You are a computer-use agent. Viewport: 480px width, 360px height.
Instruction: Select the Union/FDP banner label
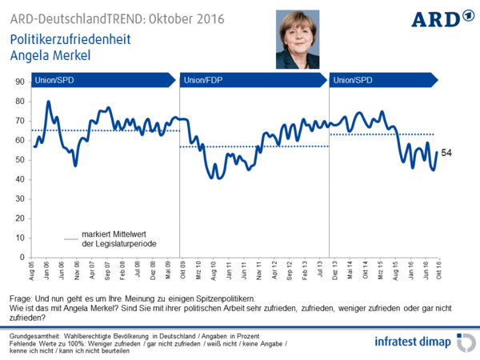click(x=203, y=79)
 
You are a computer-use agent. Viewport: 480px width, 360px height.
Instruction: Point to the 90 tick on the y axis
click(x=20, y=82)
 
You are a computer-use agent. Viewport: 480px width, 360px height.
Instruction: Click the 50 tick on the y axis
click(x=20, y=160)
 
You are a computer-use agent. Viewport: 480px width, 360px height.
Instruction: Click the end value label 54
click(x=449, y=153)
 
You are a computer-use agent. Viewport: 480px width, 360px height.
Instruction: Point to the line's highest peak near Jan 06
click(x=49, y=102)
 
